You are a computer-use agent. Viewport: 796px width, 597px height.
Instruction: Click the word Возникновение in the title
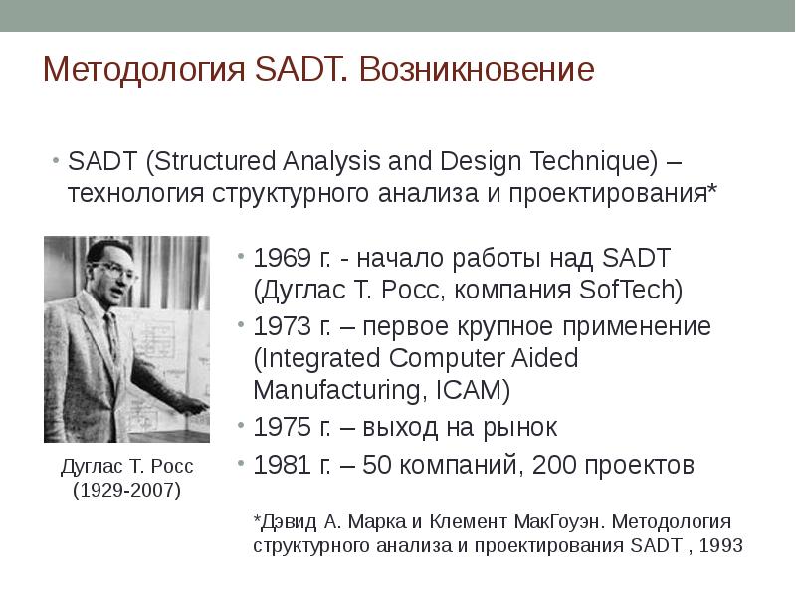(x=477, y=69)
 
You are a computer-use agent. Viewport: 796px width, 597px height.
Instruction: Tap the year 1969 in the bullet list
(x=283, y=258)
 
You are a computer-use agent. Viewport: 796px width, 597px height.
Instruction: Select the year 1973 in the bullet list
(x=283, y=326)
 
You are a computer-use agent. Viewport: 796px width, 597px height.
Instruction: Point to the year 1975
(x=283, y=427)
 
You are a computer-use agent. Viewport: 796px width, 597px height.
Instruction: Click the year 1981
(x=283, y=465)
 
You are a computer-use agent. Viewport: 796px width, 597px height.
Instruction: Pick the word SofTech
(x=631, y=290)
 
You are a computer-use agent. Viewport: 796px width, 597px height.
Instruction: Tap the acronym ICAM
(x=473, y=390)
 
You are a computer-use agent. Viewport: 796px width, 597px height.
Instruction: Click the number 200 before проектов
(x=554, y=465)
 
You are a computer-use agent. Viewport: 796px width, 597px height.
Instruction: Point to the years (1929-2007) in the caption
(x=127, y=490)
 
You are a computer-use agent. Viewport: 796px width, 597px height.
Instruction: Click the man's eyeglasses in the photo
(x=116, y=271)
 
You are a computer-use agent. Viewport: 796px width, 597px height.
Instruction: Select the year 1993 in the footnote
(x=720, y=545)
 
